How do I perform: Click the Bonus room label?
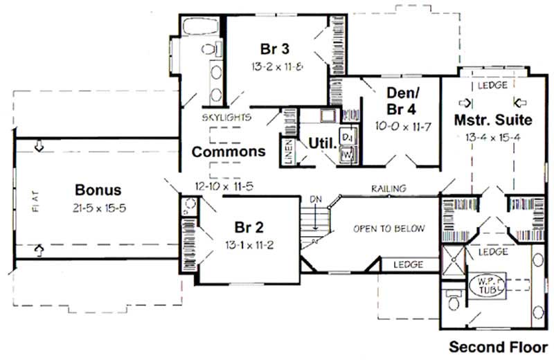point(98,189)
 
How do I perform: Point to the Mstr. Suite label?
point(493,120)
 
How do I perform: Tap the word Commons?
point(228,152)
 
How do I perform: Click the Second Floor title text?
point(499,345)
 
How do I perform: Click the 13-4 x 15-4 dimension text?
point(493,136)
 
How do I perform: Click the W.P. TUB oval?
point(489,283)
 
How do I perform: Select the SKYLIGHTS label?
point(226,118)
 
